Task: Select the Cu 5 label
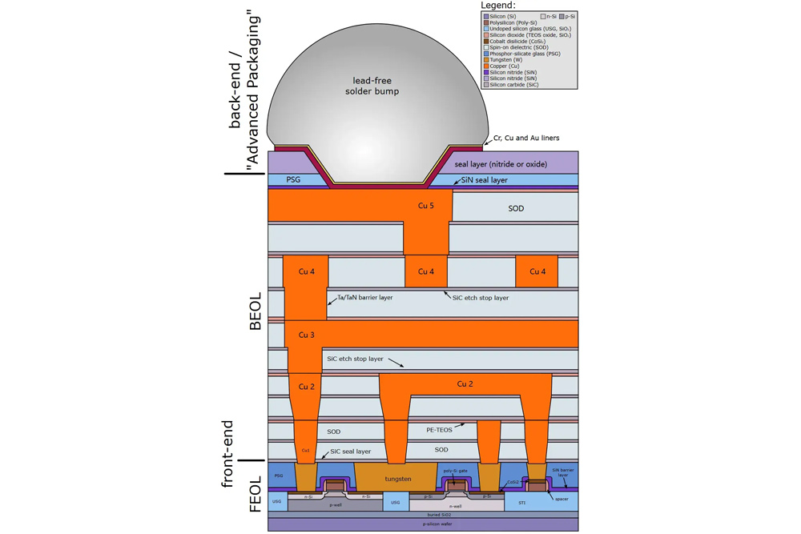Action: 426,206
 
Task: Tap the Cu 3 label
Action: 305,333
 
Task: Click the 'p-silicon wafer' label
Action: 422,524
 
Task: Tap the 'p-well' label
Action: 335,506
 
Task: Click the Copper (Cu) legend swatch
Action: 485,66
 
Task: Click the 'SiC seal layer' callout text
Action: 350,452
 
